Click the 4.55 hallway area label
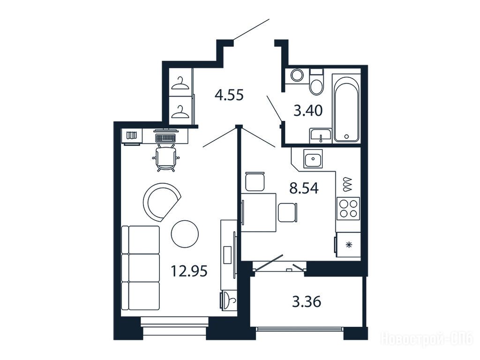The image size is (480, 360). [x=229, y=95]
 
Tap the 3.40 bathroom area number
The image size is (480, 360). [x=308, y=111]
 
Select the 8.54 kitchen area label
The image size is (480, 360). [x=304, y=187]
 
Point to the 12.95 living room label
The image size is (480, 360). [x=189, y=271]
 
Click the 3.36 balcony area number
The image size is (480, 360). [x=307, y=302]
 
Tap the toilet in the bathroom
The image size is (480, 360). [x=316, y=82]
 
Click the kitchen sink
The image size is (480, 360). [x=313, y=158]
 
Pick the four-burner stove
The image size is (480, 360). [x=348, y=209]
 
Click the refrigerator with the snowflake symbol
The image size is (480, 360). [x=348, y=245]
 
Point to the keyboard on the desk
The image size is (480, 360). [x=165, y=138]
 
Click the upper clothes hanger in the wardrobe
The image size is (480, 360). [x=180, y=83]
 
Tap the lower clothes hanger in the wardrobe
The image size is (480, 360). [x=180, y=112]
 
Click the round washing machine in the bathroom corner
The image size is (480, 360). [x=297, y=75]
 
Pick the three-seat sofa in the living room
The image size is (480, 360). [x=141, y=268]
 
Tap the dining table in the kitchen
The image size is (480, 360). [x=259, y=212]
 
